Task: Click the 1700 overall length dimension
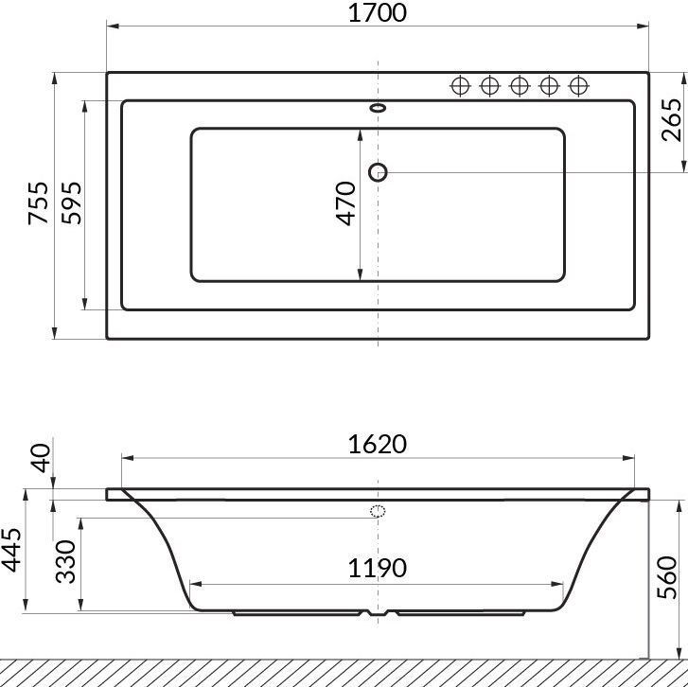point(378,14)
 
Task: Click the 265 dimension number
point(672,119)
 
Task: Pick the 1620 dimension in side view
point(378,444)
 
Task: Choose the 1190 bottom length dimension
point(378,568)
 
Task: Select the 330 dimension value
point(66,563)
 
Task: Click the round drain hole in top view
point(379,171)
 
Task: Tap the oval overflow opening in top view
point(379,108)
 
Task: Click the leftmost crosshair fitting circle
point(460,86)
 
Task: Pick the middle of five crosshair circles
point(519,86)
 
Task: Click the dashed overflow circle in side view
point(379,513)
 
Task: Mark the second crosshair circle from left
point(489,86)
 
